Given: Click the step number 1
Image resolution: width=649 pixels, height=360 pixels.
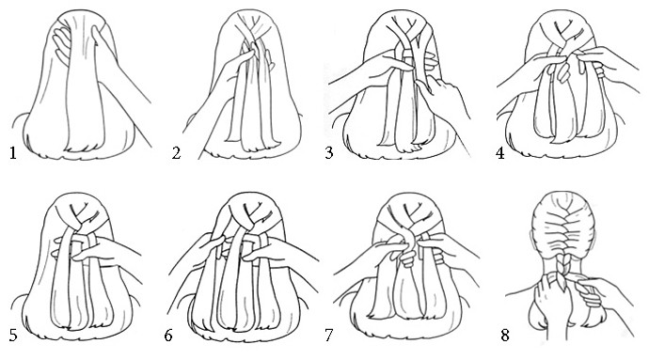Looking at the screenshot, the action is point(13,153).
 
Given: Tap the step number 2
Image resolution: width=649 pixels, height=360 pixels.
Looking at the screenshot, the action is point(176,153).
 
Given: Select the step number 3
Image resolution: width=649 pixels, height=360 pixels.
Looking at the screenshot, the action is point(329,153).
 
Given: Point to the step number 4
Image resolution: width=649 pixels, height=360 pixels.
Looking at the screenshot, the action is point(500,153).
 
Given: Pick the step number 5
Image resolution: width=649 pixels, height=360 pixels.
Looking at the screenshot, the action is point(13,336).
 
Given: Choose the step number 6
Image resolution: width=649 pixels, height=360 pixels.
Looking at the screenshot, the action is point(168,336).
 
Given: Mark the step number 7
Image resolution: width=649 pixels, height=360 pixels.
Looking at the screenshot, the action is point(329,336).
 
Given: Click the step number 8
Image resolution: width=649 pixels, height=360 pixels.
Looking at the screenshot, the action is point(505,336).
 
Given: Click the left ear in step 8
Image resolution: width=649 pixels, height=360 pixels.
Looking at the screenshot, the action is point(531,240).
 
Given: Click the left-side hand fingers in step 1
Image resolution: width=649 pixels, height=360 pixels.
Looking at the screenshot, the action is point(61,43).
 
